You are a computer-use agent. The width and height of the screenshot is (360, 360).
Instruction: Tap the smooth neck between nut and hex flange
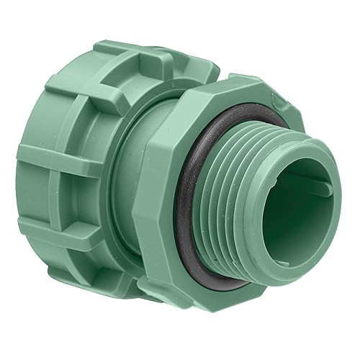144,180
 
